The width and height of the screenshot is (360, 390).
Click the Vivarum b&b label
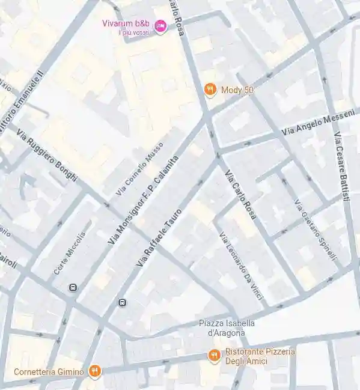[x=126, y=23]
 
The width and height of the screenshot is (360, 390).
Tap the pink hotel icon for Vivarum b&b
[x=160, y=26]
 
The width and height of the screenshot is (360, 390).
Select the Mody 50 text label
[x=237, y=90]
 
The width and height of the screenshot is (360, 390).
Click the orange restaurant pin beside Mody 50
[x=210, y=90]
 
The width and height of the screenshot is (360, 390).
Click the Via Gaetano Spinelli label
[x=315, y=229]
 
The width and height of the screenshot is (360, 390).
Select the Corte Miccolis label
[x=70, y=253]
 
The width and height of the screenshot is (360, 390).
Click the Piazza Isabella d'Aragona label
[x=227, y=328]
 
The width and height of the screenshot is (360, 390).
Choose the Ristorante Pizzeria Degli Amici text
[x=261, y=356]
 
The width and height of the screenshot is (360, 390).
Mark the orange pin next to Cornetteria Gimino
[x=94, y=371]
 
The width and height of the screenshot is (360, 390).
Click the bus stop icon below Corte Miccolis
[x=73, y=287]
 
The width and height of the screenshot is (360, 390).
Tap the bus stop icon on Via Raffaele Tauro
[x=123, y=302]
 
